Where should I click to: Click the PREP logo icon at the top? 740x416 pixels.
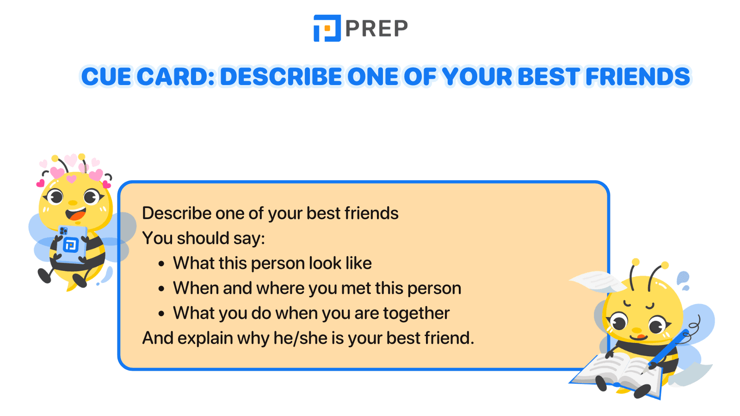coord(327,28)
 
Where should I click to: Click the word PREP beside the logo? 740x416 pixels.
coord(376,29)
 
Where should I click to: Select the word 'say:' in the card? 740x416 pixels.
coord(249,239)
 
